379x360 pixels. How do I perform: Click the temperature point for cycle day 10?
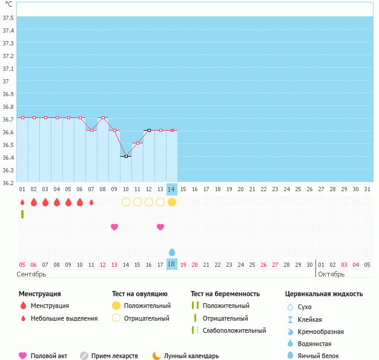pos(126,156)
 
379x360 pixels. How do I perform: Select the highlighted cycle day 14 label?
pos(172,189)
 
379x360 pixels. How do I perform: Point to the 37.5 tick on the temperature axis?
pos(8,18)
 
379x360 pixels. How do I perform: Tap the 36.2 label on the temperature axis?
pos(8,183)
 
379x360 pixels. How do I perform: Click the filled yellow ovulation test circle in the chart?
pos(172,202)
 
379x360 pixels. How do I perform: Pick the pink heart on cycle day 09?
pos(114,227)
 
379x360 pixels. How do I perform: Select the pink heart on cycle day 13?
pos(160,227)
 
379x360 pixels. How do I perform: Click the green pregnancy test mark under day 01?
pos(22,214)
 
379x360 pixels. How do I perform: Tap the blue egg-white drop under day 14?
pos(172,252)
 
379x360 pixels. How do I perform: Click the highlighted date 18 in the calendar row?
pos(171,264)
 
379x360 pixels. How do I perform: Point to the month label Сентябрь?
pos(31,274)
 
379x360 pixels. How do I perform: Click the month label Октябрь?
pos(332,274)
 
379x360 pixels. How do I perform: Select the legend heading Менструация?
pos(40,294)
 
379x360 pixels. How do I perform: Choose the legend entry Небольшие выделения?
pos(64,318)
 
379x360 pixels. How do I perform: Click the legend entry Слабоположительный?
pos(234,330)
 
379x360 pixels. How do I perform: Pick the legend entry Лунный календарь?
pos(191,356)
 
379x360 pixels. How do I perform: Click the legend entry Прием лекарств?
pos(114,356)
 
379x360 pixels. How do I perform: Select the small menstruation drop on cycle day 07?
pos(91,202)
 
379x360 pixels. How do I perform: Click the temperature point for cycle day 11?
pos(137,143)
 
